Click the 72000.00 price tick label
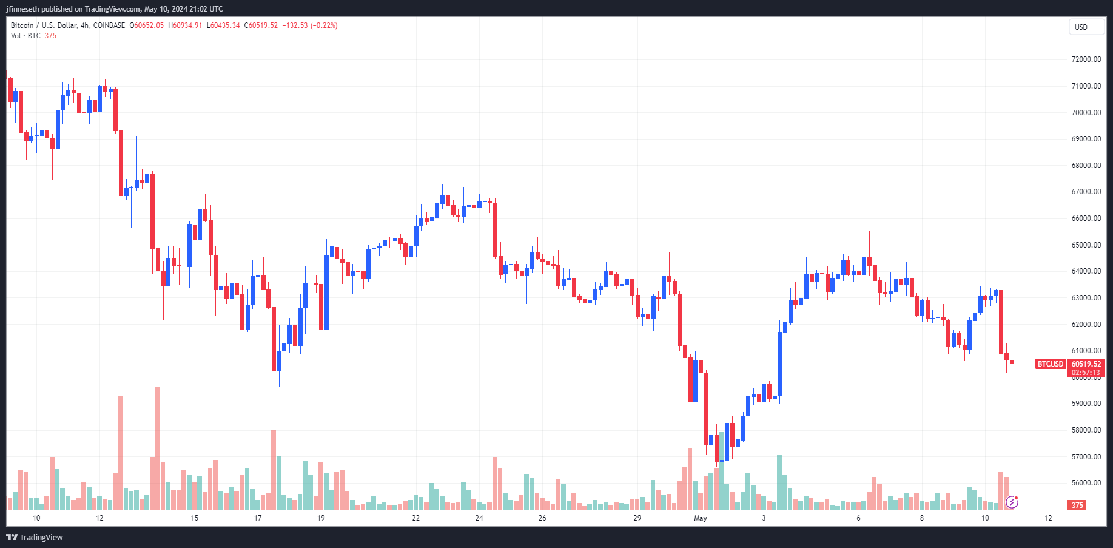pyautogui.click(x=1086, y=59)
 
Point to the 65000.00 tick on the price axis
pyautogui.click(x=1086, y=245)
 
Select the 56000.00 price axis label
pyautogui.click(x=1086, y=483)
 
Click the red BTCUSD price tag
pyautogui.click(x=1051, y=364)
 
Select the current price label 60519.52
pyautogui.click(x=1086, y=364)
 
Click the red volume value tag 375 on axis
pyautogui.click(x=1077, y=505)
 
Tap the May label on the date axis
pyautogui.click(x=701, y=518)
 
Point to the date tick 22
pyautogui.click(x=415, y=518)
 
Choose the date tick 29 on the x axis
pyautogui.click(x=637, y=518)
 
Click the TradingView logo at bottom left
pyautogui.click(x=35, y=537)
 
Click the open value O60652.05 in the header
pyautogui.click(x=147, y=25)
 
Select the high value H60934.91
pyautogui.click(x=185, y=25)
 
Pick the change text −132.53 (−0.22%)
pyautogui.click(x=310, y=25)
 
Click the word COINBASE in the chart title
pyautogui.click(x=109, y=25)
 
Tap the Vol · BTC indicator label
pyautogui.click(x=25, y=36)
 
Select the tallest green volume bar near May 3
pyautogui.click(x=779, y=482)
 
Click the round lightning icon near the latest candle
pyautogui.click(x=1012, y=502)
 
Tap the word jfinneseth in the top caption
pyautogui.click(x=22, y=9)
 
